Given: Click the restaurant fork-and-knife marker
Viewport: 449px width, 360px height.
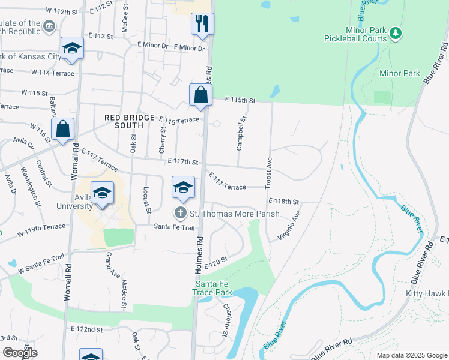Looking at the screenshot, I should coord(202,24).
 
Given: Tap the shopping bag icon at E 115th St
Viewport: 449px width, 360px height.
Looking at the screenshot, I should coord(200,95).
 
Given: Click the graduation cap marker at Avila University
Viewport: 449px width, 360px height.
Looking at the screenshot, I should coord(103,193).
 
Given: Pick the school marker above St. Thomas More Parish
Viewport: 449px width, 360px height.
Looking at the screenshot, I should coord(184,187).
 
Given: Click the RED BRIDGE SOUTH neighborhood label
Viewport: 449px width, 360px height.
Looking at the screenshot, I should coord(124,121).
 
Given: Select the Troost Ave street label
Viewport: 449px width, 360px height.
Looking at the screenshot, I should coord(269,171).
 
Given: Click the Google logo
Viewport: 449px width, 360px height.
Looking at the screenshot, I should coord(20,353).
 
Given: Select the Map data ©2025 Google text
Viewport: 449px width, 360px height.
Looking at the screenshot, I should coord(411,355).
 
